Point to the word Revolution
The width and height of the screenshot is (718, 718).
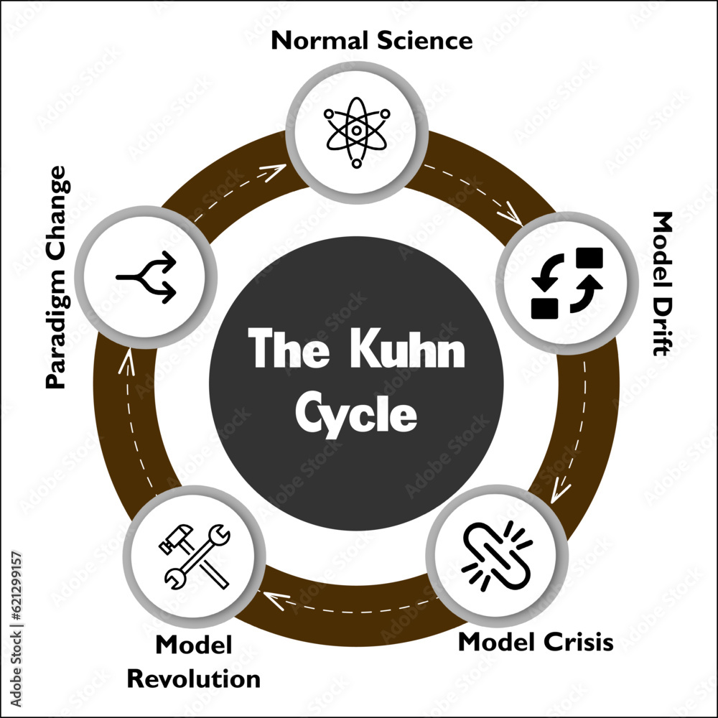coord(198,679)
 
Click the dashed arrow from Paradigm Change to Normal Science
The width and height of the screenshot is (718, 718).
coord(237,190)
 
